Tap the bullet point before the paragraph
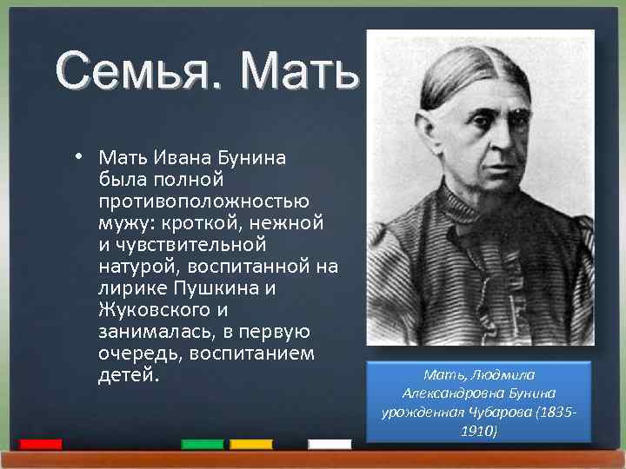click(78, 157)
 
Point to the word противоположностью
click(203, 201)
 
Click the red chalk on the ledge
click(40, 444)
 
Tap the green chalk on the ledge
click(202, 444)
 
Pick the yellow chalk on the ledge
click(251, 444)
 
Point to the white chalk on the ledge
click(330, 444)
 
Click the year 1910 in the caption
click(478, 430)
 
